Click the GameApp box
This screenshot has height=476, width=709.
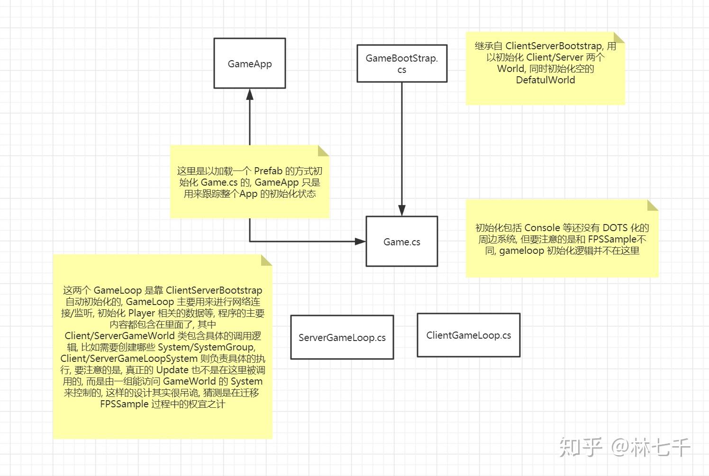[250, 63]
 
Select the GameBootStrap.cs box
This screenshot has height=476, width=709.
[402, 63]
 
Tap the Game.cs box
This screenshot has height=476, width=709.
[402, 242]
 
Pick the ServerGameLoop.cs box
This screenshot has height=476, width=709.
[342, 338]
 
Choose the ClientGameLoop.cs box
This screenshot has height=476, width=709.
[468, 335]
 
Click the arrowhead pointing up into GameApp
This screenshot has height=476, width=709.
[250, 94]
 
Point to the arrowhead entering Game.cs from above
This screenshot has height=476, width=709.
[402, 210]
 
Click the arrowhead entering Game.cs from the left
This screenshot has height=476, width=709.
[360, 242]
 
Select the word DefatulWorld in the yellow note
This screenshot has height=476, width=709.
[545, 80]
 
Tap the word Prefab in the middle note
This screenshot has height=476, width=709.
[268, 171]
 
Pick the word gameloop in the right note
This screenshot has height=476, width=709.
[521, 251]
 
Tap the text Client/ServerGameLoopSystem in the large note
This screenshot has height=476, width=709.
[129, 359]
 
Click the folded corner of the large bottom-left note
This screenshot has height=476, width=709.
[266, 260]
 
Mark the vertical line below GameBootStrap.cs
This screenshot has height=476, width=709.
[402, 142]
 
